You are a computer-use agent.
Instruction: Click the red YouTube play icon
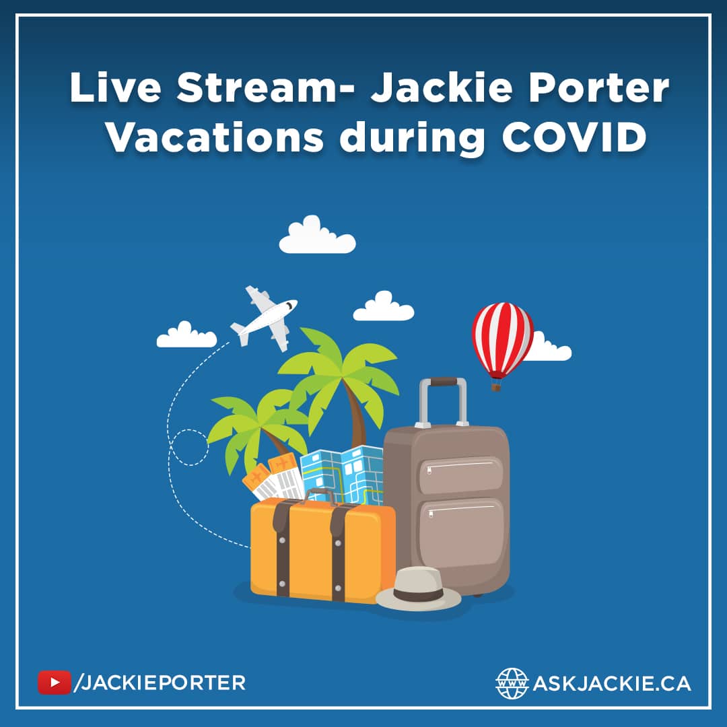pos(54,683)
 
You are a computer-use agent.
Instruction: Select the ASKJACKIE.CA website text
pos(611,683)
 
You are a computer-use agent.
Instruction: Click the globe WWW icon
pos(512,683)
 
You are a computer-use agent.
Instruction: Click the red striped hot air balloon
pos(502,340)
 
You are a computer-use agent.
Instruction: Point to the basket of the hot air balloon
pos(496,386)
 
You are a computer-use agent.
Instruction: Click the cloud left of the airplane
pos(186,336)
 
